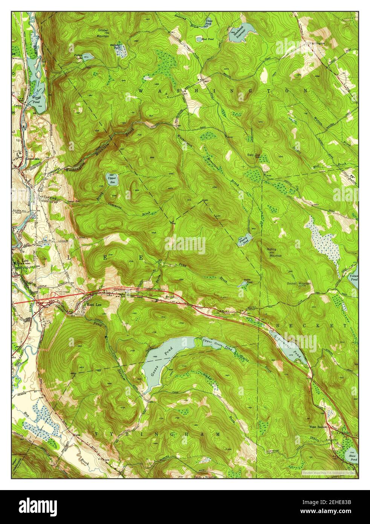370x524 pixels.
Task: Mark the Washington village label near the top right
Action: coord(316,43)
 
